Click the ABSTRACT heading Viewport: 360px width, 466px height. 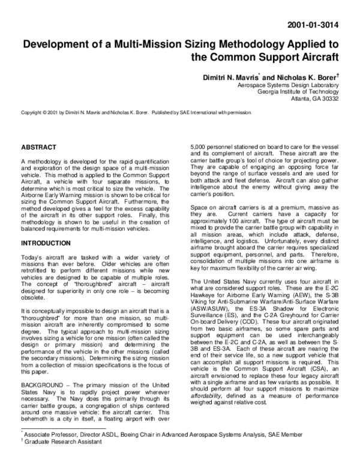(39, 147)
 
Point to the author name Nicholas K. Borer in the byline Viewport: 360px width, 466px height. (305, 78)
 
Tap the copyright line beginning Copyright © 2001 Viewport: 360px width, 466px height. (136, 112)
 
